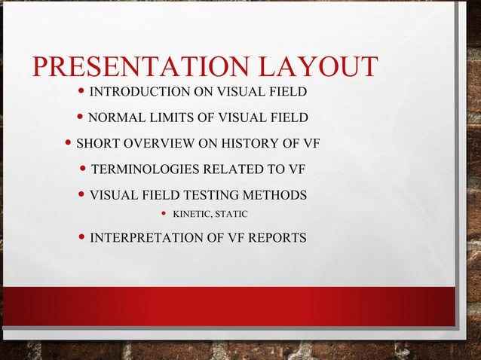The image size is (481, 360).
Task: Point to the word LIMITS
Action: (173, 117)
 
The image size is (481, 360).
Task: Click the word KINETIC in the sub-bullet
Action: (192, 216)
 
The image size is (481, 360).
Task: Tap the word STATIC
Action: (231, 216)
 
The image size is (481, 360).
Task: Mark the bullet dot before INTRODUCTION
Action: (82, 92)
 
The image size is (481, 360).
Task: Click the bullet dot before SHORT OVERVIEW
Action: (69, 142)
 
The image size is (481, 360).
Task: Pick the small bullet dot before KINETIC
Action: (164, 215)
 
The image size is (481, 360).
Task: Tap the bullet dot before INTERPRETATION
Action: (82, 238)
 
